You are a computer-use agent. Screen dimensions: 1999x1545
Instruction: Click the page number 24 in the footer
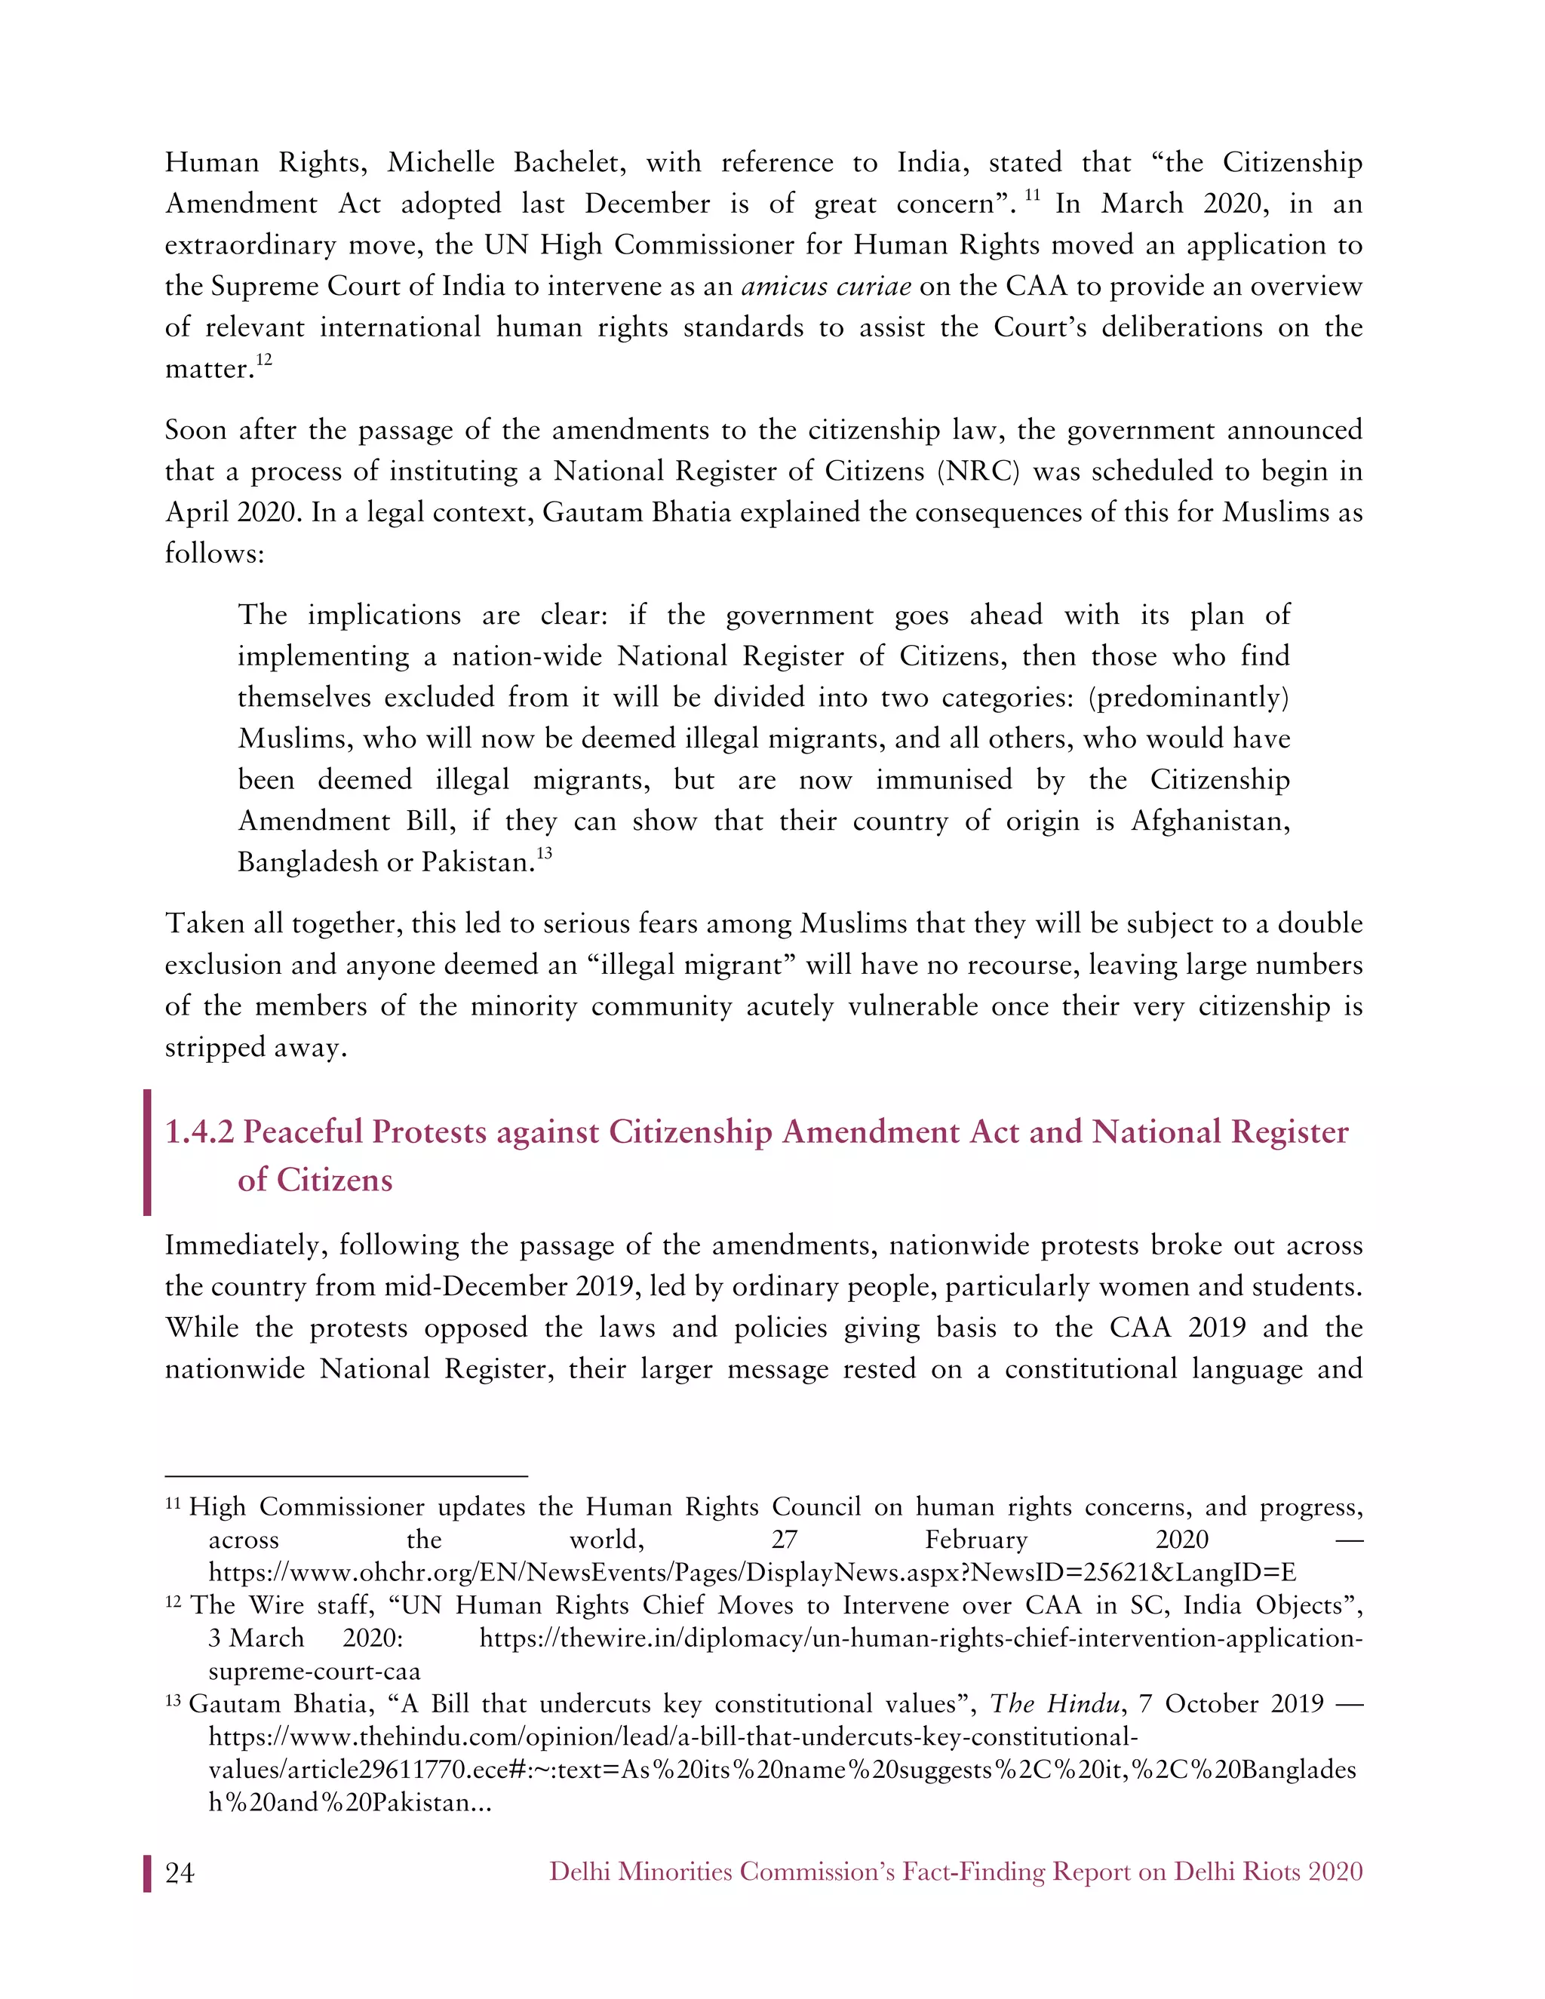(x=180, y=1873)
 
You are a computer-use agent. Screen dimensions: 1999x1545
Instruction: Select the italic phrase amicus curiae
(x=825, y=287)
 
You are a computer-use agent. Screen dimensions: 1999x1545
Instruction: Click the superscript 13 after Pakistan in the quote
(x=545, y=853)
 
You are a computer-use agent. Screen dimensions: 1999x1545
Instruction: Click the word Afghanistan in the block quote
(x=1210, y=821)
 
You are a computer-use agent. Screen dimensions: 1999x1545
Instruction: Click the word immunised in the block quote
(x=944, y=780)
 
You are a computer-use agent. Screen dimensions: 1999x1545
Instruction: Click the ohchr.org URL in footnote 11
(x=751, y=1573)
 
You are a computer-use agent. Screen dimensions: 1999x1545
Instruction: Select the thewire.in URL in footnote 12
(x=920, y=1638)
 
